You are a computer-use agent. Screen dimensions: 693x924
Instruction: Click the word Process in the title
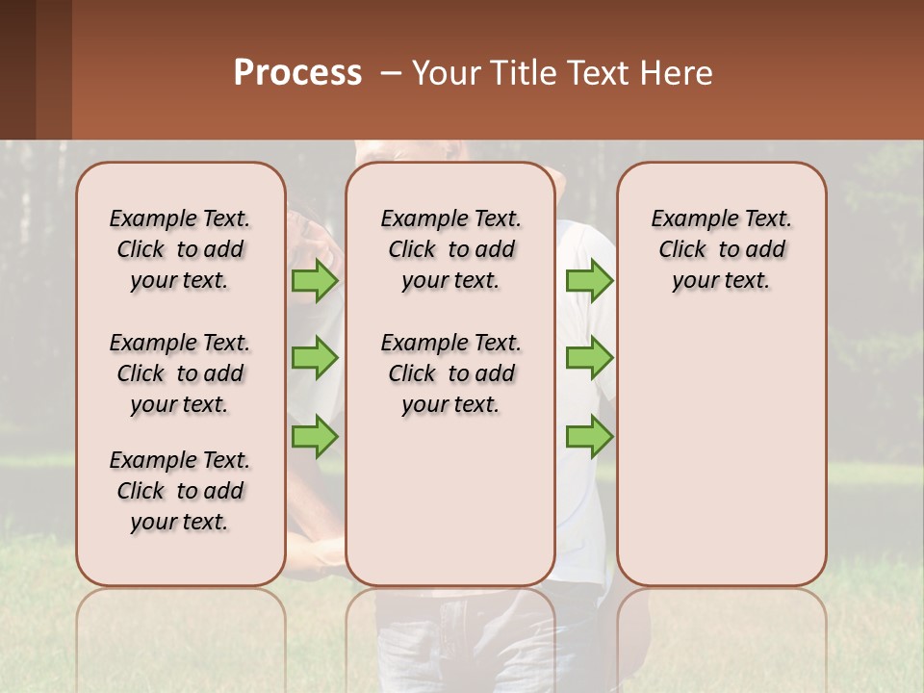[x=297, y=73]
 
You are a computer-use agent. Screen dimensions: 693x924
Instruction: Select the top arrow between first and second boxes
[x=315, y=280]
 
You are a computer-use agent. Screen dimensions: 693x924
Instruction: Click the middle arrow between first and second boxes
[x=315, y=358]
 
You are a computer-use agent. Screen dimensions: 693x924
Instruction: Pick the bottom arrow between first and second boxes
[x=315, y=436]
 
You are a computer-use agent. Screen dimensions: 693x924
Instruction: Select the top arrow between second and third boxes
[x=589, y=280]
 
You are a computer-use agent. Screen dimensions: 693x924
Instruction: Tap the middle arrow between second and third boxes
[x=589, y=358]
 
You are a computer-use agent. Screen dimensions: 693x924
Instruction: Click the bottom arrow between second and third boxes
[x=589, y=436]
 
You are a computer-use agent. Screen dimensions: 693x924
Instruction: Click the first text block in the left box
[x=180, y=249]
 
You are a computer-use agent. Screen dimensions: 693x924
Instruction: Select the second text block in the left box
[x=180, y=373]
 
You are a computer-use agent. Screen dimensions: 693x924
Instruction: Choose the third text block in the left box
[x=180, y=491]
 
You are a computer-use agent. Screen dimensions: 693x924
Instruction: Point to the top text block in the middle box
[x=450, y=249]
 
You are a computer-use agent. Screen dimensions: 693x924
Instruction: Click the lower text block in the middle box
[x=450, y=373]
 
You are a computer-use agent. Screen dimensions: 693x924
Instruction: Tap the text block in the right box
[x=722, y=249]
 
